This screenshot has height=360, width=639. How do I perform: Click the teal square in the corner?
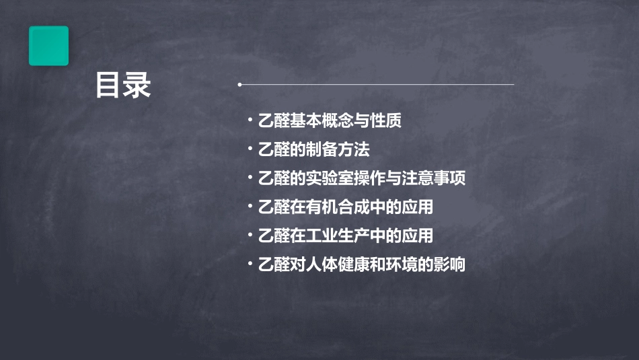pos(48,46)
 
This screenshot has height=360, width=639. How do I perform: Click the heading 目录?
pos(123,86)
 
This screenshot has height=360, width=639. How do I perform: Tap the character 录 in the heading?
pos(137,86)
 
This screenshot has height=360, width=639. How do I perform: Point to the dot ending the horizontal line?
pos(239,85)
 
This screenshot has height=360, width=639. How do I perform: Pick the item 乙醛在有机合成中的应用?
pos(345,207)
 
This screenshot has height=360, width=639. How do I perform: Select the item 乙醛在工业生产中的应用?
pos(345,236)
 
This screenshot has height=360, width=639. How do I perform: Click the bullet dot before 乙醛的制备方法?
pos(250,149)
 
